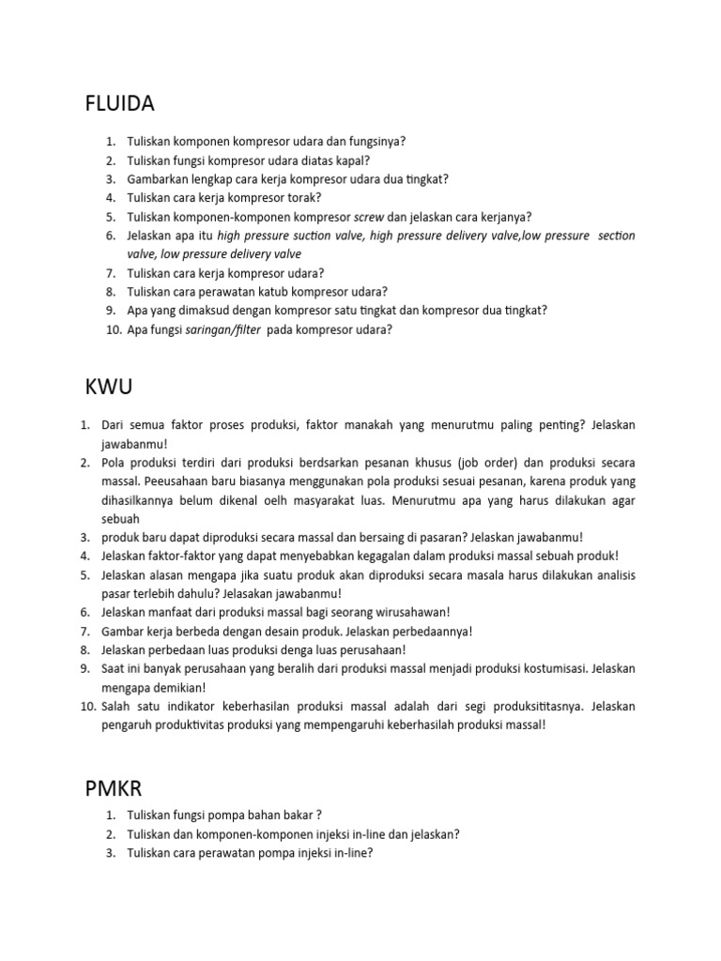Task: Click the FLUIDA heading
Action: click(x=120, y=103)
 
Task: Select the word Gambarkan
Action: click(x=159, y=178)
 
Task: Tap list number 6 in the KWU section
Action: click(x=84, y=612)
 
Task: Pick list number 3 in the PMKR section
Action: click(x=111, y=853)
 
